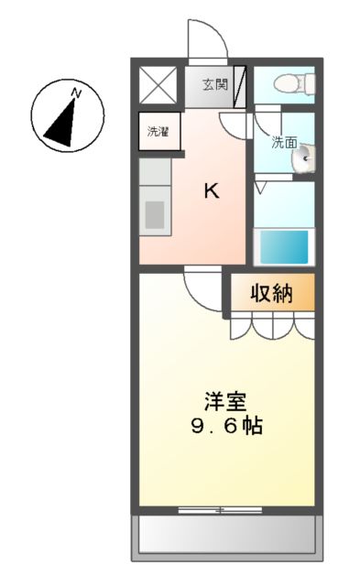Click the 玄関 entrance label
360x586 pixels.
[215, 85]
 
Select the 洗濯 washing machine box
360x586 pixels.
[158, 131]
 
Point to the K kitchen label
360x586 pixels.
[211, 190]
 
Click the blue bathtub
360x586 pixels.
[283, 245]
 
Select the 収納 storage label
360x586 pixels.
[271, 293]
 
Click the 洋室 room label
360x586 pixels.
[224, 401]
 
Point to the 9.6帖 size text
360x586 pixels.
[224, 426]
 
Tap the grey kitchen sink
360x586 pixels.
[155, 213]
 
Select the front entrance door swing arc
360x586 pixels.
[206, 38]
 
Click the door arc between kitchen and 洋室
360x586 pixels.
[201, 288]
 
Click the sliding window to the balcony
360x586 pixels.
[220, 508]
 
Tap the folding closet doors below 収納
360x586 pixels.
[271, 325]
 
